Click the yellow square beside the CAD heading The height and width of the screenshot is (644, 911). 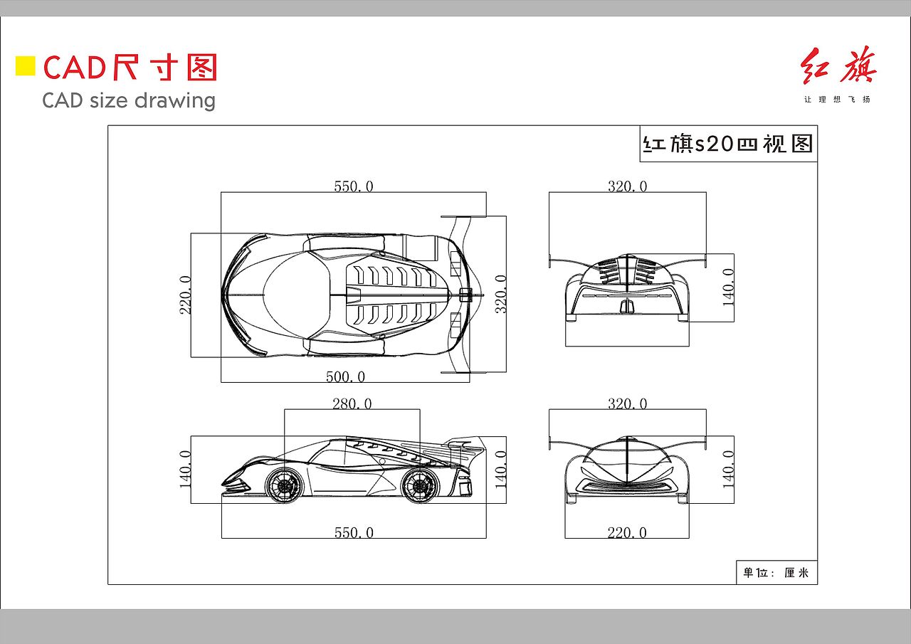tap(26, 66)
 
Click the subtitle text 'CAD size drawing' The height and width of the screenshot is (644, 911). tap(129, 100)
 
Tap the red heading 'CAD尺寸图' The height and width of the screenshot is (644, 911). tap(130, 68)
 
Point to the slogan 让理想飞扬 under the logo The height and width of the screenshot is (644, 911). tap(837, 99)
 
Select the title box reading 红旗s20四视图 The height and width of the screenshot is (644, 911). tap(727, 144)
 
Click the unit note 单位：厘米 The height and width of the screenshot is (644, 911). tap(776, 572)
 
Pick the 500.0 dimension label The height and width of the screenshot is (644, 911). tap(346, 376)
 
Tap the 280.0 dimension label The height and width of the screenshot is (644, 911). tap(352, 403)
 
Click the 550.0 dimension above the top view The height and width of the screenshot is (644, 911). tap(354, 186)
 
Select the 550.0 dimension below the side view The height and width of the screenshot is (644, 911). tap(354, 532)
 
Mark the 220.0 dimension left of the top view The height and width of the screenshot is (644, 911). tap(186, 295)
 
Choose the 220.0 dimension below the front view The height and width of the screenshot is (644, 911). tap(627, 532)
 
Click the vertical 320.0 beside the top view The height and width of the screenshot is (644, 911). tap(500, 294)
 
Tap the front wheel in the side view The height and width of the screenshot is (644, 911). tap(284, 485)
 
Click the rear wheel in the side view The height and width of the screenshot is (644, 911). tap(420, 485)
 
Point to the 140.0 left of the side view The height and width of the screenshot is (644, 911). tap(186, 469)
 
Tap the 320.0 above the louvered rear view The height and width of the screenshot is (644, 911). tap(628, 186)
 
